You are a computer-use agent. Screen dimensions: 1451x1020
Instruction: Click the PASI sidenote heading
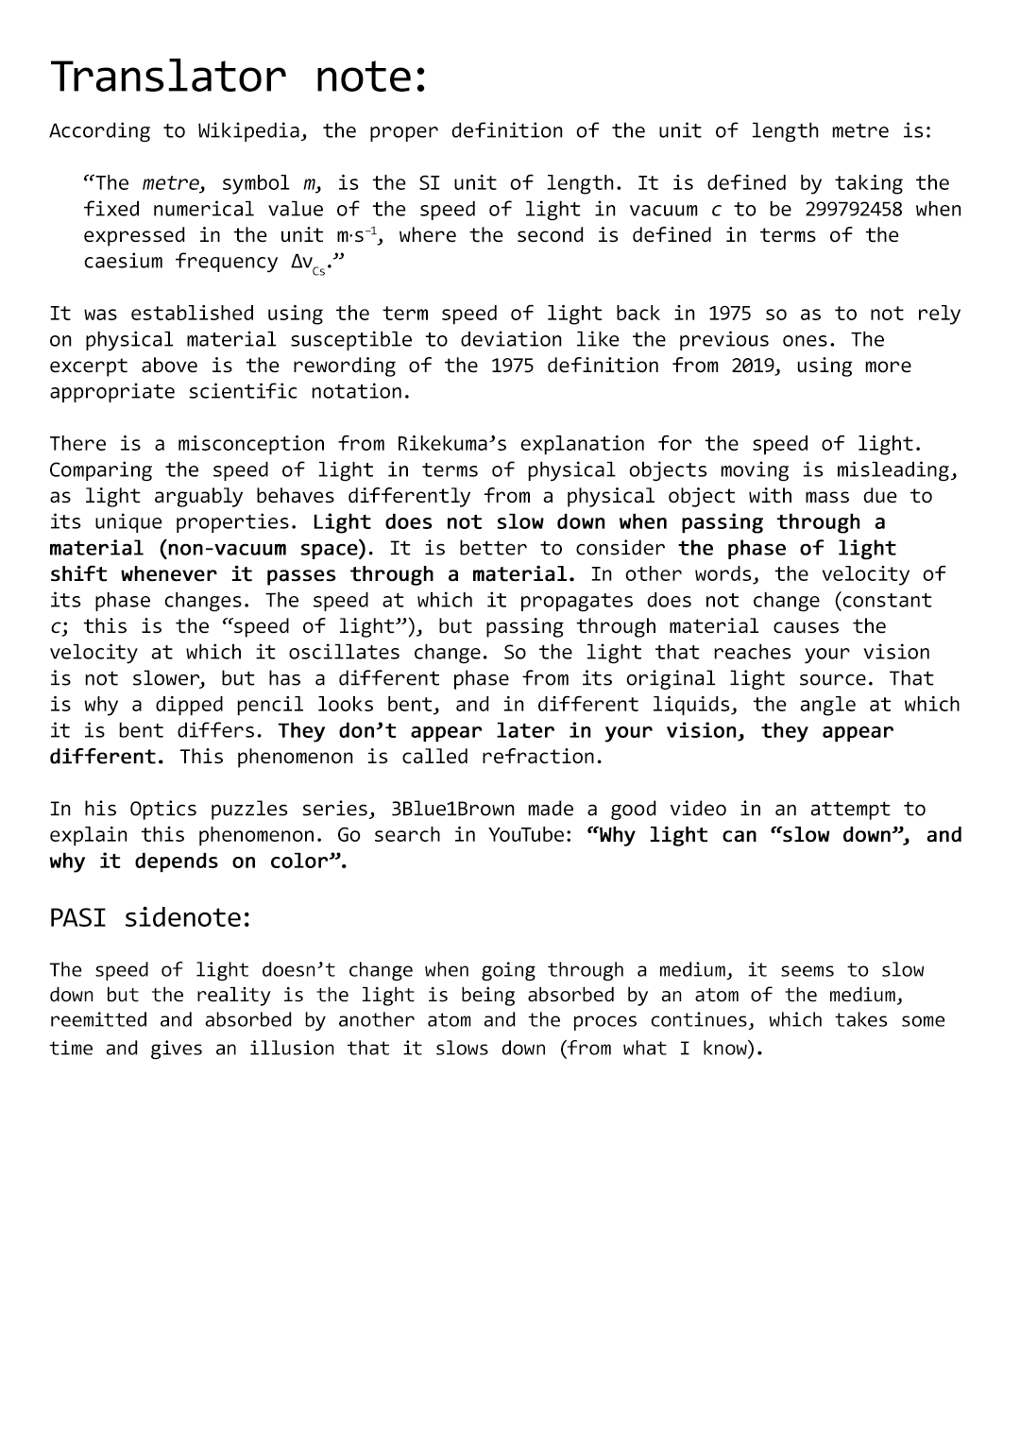click(x=150, y=918)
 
